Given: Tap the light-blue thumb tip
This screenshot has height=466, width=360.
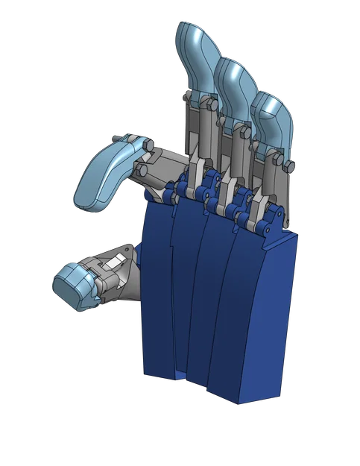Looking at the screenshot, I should coord(73,287).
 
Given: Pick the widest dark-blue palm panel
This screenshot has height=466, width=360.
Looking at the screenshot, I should coord(257,321).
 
